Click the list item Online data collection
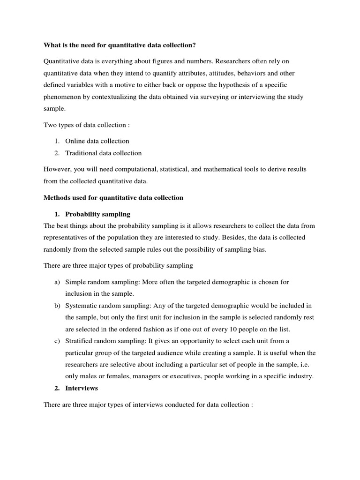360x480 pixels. [97, 141]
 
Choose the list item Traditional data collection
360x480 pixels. [103, 153]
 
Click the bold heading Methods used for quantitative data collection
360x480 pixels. [113, 198]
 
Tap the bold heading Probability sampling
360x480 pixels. [97, 214]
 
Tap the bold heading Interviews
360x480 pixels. [82, 388]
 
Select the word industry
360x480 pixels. [300, 376]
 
